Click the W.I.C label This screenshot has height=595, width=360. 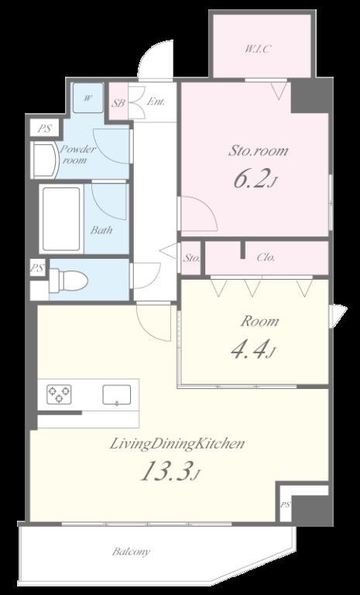click(x=259, y=49)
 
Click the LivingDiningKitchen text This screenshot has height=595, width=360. click(x=177, y=444)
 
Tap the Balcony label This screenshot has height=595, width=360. click(x=131, y=552)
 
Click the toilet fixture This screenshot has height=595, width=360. click(x=69, y=280)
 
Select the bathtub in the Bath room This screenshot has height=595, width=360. click(x=61, y=219)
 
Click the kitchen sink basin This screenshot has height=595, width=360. click(x=117, y=395)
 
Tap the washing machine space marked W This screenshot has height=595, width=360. click(x=87, y=98)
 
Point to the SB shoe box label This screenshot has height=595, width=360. click(x=118, y=103)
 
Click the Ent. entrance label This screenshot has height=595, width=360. click(x=156, y=101)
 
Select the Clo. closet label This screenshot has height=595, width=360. click(x=266, y=257)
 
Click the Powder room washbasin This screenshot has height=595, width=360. click(x=45, y=160)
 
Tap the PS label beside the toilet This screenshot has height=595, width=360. click(x=37, y=269)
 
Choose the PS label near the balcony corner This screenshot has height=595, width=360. click(x=285, y=505)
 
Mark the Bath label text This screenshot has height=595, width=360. click(x=101, y=230)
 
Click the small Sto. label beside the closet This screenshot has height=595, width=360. click(x=191, y=258)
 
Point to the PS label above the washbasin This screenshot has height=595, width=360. click(x=45, y=129)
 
